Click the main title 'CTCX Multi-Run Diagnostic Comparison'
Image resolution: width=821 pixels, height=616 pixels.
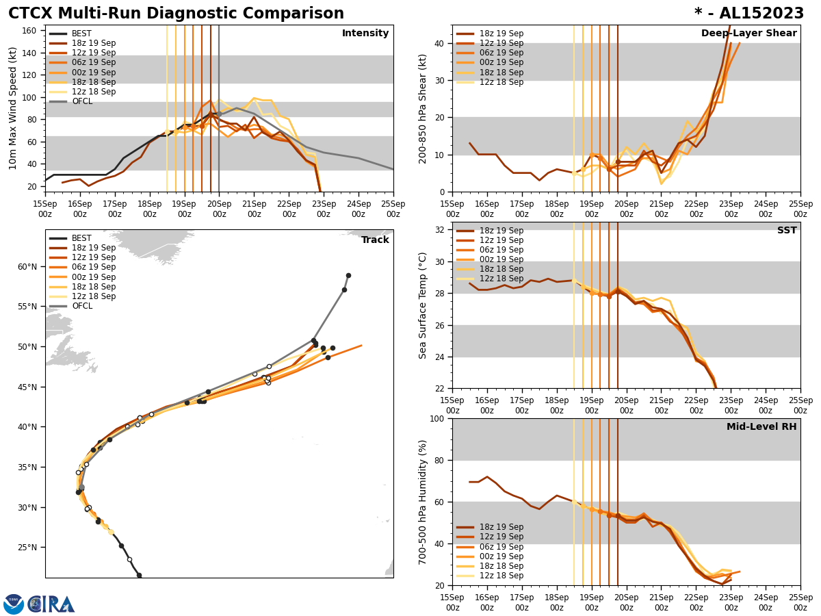click(176, 14)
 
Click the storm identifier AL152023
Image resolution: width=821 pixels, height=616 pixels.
click(757, 14)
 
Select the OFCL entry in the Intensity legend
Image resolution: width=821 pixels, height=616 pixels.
click(83, 101)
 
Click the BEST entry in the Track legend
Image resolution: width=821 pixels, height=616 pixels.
click(81, 238)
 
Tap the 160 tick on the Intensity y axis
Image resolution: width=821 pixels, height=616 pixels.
click(31, 30)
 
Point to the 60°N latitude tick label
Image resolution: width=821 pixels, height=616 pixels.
click(27, 267)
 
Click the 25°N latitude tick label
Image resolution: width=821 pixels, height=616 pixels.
click(27, 548)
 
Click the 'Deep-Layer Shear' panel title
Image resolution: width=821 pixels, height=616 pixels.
click(748, 34)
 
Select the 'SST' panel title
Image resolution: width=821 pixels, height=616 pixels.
click(787, 231)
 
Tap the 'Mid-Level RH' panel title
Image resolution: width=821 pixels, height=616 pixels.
click(761, 427)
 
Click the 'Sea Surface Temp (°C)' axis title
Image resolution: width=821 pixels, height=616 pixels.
click(423, 305)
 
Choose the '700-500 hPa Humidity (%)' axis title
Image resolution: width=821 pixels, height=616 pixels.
click(423, 502)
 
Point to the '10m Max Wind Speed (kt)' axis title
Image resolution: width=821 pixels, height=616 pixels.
click(13, 108)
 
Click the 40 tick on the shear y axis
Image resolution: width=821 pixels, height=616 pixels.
click(438, 43)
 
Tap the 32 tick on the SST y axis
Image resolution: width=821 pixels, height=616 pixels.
click(438, 230)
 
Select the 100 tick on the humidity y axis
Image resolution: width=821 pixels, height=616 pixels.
click(435, 418)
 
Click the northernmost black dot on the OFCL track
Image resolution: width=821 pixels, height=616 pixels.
click(348, 275)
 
